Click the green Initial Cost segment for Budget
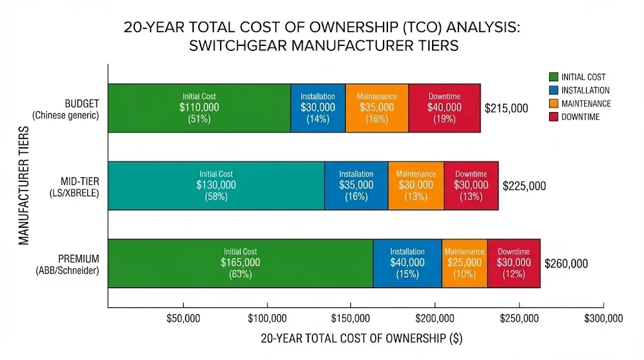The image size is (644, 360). (x=199, y=108)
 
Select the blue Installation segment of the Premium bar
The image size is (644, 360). (x=407, y=263)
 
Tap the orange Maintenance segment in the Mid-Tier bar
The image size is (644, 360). (x=416, y=186)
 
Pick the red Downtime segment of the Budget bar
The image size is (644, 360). (x=444, y=108)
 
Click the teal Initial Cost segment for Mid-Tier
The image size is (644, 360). (x=216, y=186)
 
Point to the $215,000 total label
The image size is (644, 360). (x=506, y=108)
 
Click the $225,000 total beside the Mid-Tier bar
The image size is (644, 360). (x=524, y=186)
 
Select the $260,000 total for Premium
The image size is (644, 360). (x=566, y=264)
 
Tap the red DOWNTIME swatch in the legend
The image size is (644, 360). (x=553, y=117)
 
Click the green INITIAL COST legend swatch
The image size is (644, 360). (x=553, y=77)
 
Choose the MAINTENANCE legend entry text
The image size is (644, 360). (x=586, y=104)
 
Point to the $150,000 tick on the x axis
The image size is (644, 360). (x=351, y=318)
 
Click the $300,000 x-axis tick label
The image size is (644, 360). (x=602, y=318)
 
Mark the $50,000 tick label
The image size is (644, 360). (x=183, y=318)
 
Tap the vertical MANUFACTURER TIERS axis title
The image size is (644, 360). (x=24, y=186)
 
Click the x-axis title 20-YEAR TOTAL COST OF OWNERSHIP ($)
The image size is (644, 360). (x=361, y=339)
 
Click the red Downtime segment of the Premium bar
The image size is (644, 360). (x=513, y=263)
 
